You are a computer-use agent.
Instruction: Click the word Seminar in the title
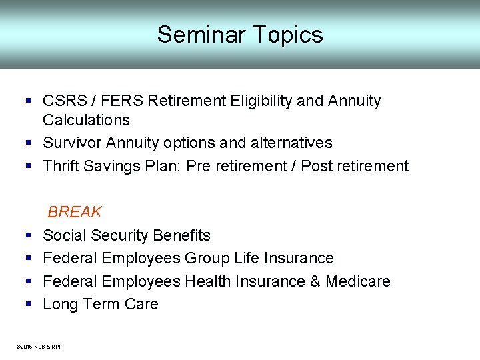tap(198, 35)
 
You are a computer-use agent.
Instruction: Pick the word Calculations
tap(86, 120)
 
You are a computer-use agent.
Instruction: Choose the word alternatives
tap(291, 143)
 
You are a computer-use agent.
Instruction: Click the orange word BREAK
tap(75, 212)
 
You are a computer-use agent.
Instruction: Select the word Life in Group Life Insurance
tap(249, 258)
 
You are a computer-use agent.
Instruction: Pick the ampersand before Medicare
tap(315, 281)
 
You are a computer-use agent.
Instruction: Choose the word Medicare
tap(357, 281)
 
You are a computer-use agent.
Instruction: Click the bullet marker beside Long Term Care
tap(29, 305)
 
